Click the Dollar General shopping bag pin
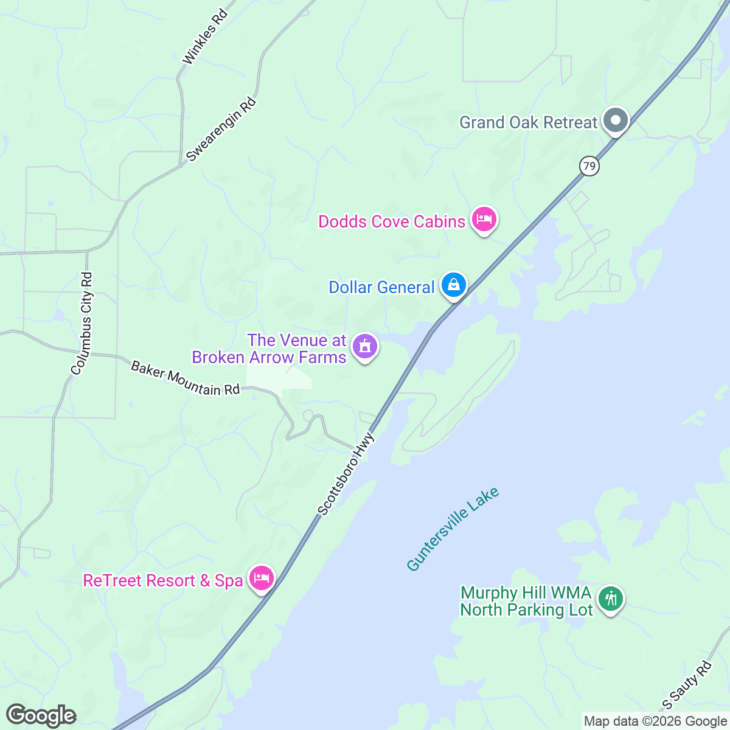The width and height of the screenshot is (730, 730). (454, 284)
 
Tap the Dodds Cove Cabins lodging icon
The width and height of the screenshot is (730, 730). (484, 219)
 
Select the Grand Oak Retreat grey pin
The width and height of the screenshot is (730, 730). (616, 120)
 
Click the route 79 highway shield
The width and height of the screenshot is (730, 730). (589, 166)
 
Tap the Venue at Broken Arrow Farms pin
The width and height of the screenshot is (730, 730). (365, 347)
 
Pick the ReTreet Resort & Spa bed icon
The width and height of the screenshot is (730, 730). (262, 578)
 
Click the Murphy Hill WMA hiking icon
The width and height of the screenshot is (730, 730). (610, 599)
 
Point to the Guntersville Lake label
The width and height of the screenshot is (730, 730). (453, 529)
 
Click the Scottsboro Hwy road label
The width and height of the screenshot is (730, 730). (346, 474)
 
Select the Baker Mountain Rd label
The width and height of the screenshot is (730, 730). (186, 378)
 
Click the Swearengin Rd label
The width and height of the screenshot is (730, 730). (221, 130)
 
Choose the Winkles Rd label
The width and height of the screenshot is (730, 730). (204, 36)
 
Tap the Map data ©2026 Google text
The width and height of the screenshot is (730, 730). (655, 721)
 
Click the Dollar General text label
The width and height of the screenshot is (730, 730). (381, 287)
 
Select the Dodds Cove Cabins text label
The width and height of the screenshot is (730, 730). (392, 221)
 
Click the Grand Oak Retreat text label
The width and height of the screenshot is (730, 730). (528, 122)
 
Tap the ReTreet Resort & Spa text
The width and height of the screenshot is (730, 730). (163, 580)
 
